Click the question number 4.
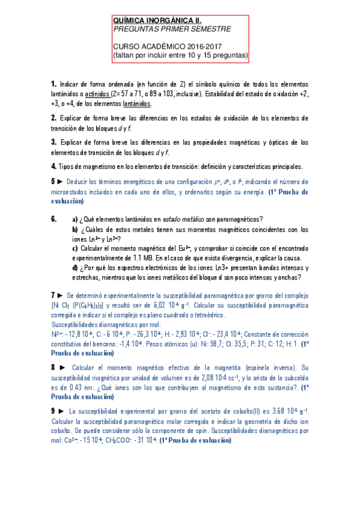tap(53, 166)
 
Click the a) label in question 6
tap(75, 202)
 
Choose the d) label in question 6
tap(75, 268)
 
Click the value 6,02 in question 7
tap(198, 306)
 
